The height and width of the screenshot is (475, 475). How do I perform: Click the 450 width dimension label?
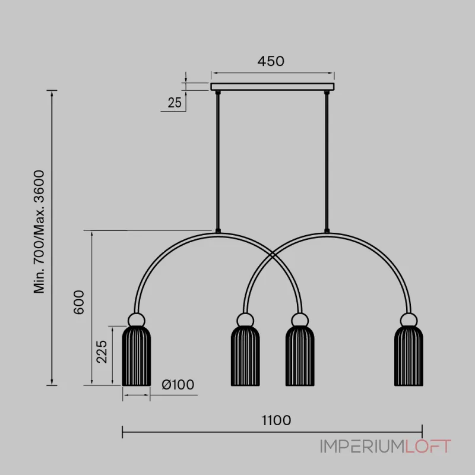pyautogui.click(x=271, y=61)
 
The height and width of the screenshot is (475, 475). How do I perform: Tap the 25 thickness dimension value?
pyautogui.click(x=175, y=103)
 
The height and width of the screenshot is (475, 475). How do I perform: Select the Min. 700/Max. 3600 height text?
pyautogui.click(x=39, y=232)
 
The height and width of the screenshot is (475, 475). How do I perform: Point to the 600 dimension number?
pyautogui.click(x=79, y=302)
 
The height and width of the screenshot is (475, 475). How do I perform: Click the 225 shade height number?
pyautogui.click(x=102, y=351)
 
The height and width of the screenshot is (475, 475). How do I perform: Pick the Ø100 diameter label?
pyautogui.click(x=178, y=385)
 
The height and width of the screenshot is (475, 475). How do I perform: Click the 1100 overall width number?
pyautogui.click(x=276, y=420)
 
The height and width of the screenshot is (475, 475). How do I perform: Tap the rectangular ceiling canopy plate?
pyautogui.click(x=273, y=87)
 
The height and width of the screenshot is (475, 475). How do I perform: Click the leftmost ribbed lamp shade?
pyautogui.click(x=137, y=356)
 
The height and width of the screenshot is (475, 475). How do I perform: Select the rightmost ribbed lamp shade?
pyautogui.click(x=408, y=356)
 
